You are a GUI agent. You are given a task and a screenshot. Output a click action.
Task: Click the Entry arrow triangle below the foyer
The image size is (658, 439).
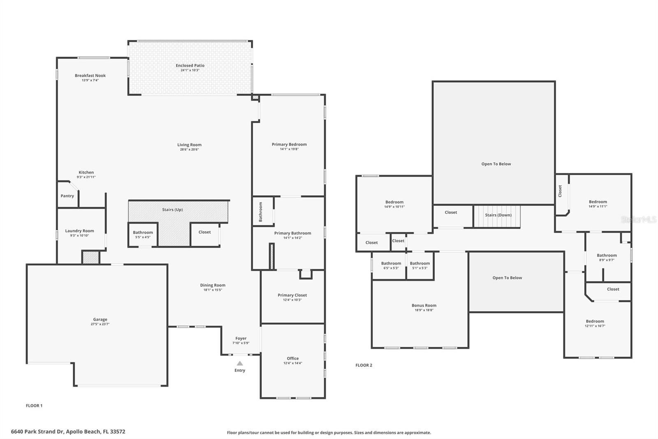[240, 363]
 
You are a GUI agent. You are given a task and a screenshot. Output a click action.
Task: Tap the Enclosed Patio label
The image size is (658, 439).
[190, 65]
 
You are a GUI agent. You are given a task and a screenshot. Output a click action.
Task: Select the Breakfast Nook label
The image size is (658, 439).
[90, 76]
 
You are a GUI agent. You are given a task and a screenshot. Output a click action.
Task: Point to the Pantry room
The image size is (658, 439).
[67, 194]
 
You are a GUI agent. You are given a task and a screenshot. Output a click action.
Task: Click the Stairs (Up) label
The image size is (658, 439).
[172, 210]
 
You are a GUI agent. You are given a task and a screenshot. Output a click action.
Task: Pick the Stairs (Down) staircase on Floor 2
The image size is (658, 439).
[497, 217]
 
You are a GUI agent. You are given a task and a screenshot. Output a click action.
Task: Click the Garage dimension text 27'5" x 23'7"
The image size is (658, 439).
[100, 324]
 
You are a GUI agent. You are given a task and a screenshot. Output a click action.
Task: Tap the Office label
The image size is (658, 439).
[293, 358]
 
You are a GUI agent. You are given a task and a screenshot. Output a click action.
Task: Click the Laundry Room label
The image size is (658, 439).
[80, 231]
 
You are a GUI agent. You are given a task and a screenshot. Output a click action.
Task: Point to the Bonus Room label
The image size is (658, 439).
[424, 306]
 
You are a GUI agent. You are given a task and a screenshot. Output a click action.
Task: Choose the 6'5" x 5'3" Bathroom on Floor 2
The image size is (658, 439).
[389, 265]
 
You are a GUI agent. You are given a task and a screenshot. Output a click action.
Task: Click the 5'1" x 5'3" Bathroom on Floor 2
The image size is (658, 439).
[420, 265]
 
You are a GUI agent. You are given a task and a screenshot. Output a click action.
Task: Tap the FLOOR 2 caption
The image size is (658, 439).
[364, 365]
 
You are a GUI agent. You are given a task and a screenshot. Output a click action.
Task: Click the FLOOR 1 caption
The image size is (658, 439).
[34, 406]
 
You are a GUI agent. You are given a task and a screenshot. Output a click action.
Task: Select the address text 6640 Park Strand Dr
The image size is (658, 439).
[37, 432]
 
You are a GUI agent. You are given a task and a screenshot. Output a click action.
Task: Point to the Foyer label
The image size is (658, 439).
[241, 339]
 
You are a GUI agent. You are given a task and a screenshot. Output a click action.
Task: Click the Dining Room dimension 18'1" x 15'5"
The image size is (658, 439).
[213, 290]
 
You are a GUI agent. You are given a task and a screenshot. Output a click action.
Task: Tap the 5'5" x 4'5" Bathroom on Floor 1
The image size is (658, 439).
[143, 234]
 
